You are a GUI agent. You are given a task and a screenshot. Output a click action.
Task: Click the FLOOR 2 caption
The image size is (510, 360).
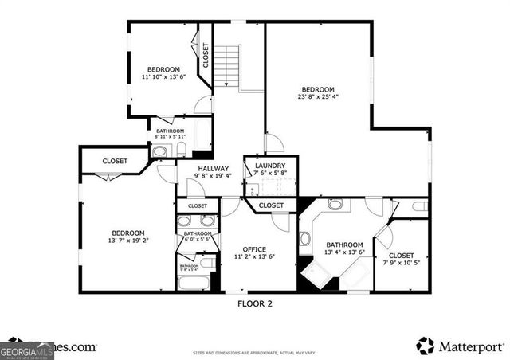255,303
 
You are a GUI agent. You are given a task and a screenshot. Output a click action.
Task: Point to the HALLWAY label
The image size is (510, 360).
214,169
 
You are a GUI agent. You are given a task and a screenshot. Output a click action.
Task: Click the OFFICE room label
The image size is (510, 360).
255,249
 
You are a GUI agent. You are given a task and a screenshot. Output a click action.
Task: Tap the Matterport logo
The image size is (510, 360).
460,346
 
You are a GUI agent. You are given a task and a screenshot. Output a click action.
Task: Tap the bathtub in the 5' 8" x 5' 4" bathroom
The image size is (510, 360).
195,283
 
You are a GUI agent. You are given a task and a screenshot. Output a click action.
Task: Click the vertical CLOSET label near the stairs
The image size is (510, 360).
205,54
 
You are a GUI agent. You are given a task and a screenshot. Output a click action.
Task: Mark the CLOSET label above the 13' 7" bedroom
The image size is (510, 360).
115,161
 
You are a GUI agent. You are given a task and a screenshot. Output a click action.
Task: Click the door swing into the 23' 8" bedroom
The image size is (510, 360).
274,143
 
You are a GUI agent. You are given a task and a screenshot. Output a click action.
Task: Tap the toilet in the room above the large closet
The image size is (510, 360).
421,207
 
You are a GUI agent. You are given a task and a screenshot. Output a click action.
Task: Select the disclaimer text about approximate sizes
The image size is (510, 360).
255,351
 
